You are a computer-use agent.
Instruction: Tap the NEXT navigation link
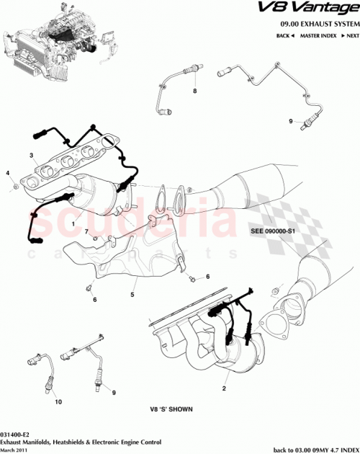(351, 35)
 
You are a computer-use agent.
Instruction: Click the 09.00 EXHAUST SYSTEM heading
(320, 24)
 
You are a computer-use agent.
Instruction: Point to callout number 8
(194, 92)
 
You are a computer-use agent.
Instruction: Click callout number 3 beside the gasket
(32, 156)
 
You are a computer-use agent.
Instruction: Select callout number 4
(8, 174)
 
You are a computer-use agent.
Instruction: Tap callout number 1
(73, 224)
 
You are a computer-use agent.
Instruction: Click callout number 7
(86, 231)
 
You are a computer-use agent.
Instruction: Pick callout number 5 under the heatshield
(132, 294)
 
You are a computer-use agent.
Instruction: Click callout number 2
(224, 389)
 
